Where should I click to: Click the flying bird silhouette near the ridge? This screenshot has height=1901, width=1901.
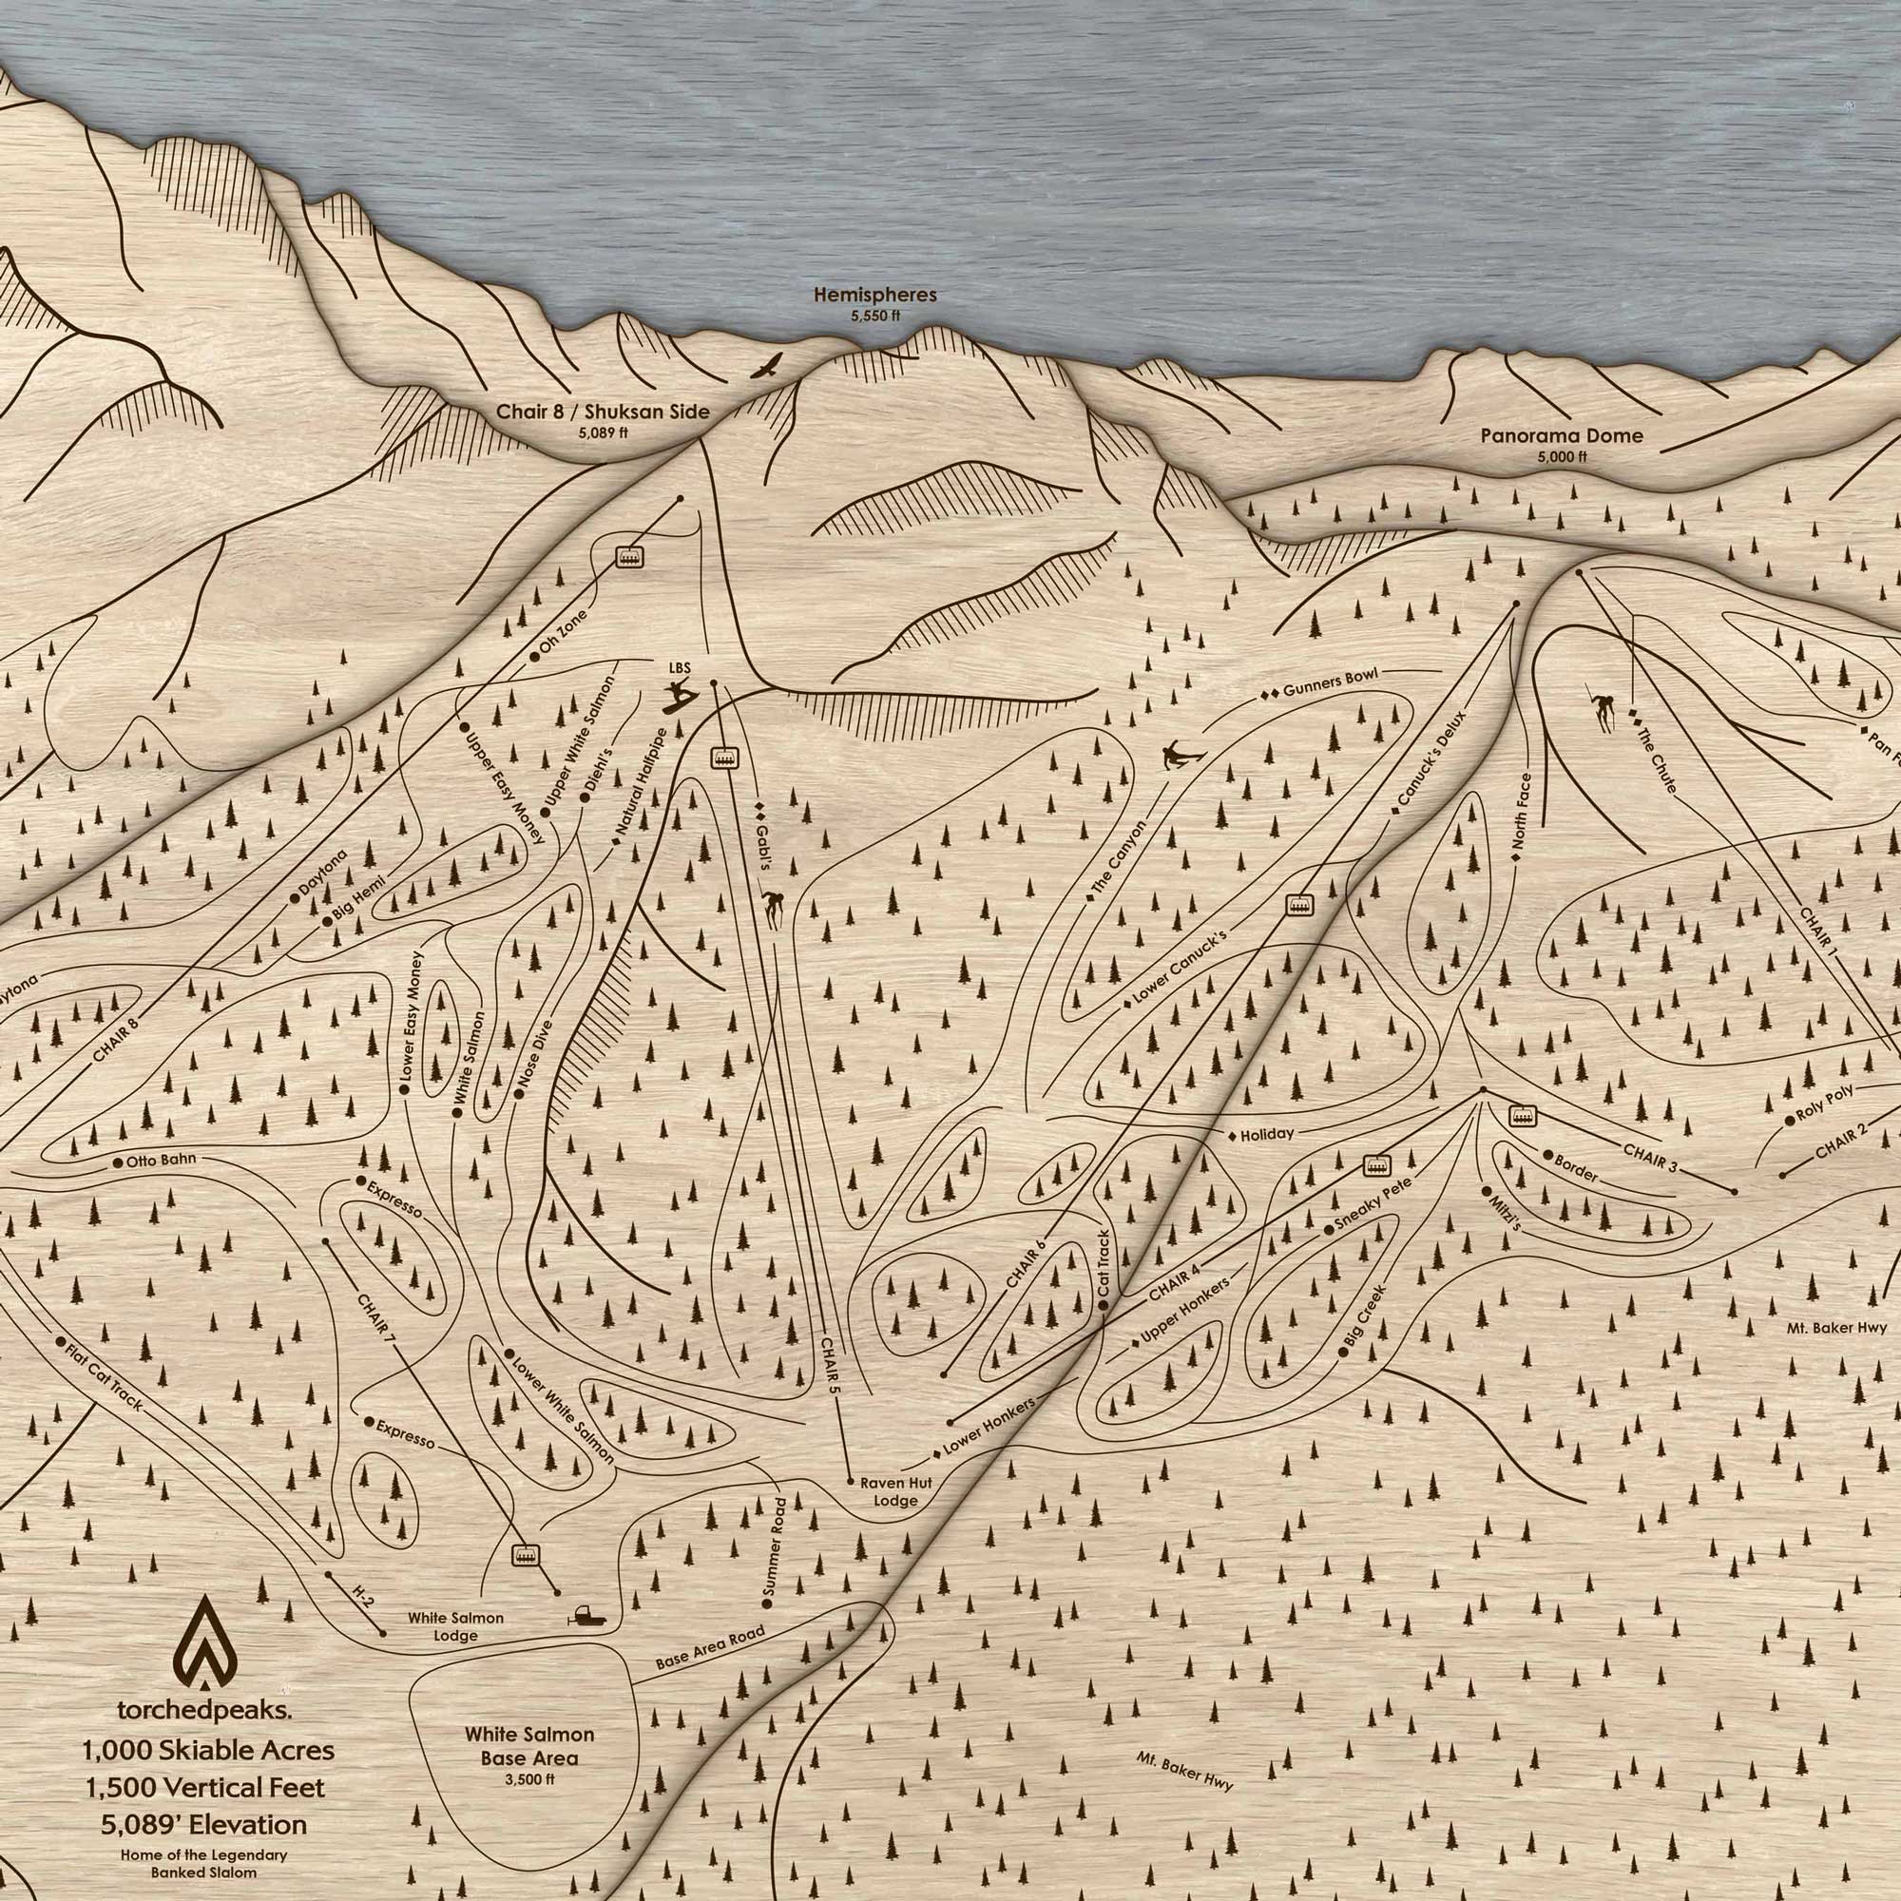(766, 367)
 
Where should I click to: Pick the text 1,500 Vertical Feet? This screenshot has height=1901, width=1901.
(203, 1787)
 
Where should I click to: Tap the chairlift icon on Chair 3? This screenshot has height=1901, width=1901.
(1522, 1117)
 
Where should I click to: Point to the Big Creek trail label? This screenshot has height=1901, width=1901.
(1364, 1318)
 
